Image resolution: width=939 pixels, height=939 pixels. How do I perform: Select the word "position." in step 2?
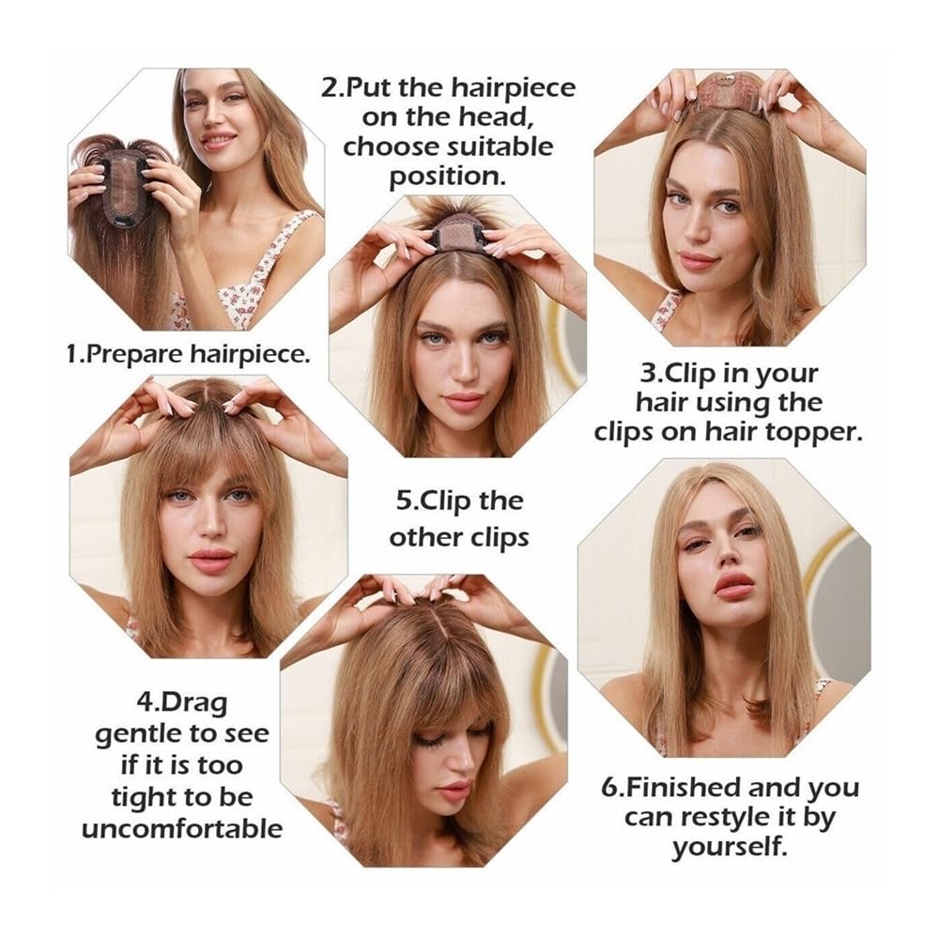pos(448,177)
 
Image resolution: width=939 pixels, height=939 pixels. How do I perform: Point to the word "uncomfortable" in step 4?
pos(182,829)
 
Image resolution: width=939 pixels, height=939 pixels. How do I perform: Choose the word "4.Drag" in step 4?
pos(182,701)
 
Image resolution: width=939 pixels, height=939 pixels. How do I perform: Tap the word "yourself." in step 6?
pos(729,847)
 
